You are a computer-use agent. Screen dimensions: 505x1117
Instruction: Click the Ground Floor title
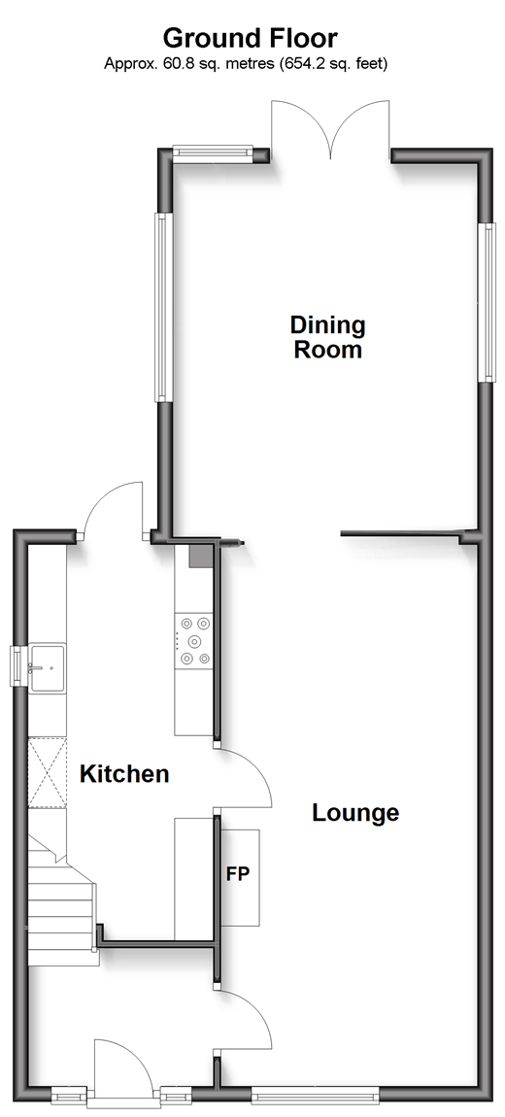coord(250,37)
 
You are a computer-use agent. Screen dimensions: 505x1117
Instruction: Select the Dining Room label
coord(327,337)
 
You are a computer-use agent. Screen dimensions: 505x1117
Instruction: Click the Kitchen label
coord(124,773)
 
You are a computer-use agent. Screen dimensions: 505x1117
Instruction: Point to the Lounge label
coord(355,812)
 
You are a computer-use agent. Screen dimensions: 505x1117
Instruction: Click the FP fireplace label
coord(238,873)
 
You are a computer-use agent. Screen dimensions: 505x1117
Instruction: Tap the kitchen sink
coord(48,666)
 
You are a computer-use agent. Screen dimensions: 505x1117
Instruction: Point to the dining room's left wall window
coord(161,306)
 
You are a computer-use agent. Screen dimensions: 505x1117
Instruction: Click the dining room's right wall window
coord(488,302)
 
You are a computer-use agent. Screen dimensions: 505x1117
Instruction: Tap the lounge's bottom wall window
coord(316,1094)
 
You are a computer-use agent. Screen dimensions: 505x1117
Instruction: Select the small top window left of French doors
coord(213,151)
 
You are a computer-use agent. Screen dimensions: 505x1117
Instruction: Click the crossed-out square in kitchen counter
coord(47,773)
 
